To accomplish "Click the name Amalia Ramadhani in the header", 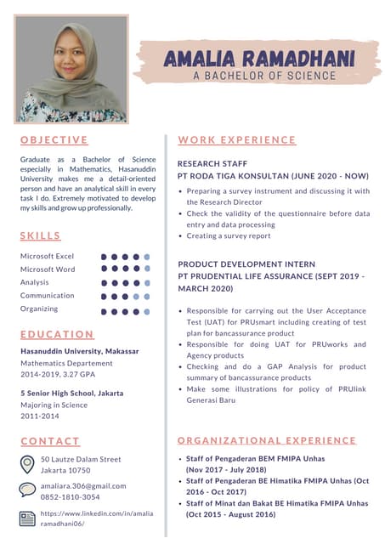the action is [x=259, y=59].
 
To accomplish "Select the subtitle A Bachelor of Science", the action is [x=263, y=76].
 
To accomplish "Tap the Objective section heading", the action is [x=54, y=139].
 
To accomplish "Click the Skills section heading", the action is [x=41, y=235].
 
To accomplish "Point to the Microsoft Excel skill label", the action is [x=47, y=256].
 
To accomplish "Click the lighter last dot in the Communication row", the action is [x=146, y=297].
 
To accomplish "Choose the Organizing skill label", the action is [x=39, y=309].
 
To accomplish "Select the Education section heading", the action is [x=57, y=334].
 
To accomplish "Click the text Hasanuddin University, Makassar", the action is [x=79, y=350].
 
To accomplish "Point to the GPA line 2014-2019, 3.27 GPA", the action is [x=58, y=374].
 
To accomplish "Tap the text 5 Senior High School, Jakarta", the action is [x=71, y=394].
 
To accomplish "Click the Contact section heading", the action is [x=50, y=441].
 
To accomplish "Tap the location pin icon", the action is [x=27, y=464].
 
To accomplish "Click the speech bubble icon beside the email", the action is [x=27, y=490].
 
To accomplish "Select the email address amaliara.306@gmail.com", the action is [x=83, y=485].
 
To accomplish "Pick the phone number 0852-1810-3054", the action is [x=71, y=497].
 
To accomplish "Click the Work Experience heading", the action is [x=237, y=139].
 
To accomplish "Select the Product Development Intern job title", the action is [x=246, y=264].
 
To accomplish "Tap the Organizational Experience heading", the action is [x=267, y=440].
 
